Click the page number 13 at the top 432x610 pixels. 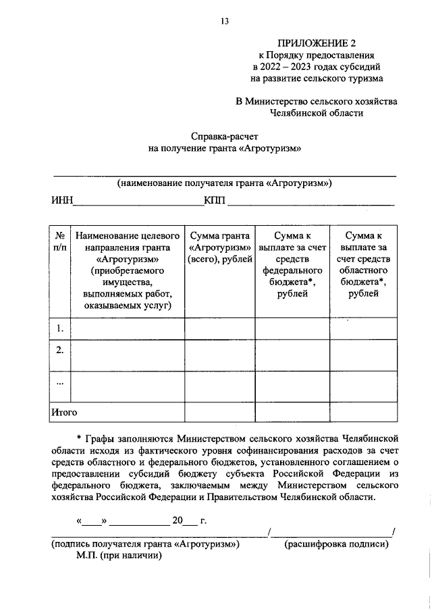click(225, 22)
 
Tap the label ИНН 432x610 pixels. click(62, 200)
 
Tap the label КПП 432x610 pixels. click(215, 200)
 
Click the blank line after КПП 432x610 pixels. click(310, 202)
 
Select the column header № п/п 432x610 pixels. click(60, 241)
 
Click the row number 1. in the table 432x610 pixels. click(60, 328)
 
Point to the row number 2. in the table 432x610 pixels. click(60, 350)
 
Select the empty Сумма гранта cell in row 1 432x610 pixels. click(219, 328)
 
